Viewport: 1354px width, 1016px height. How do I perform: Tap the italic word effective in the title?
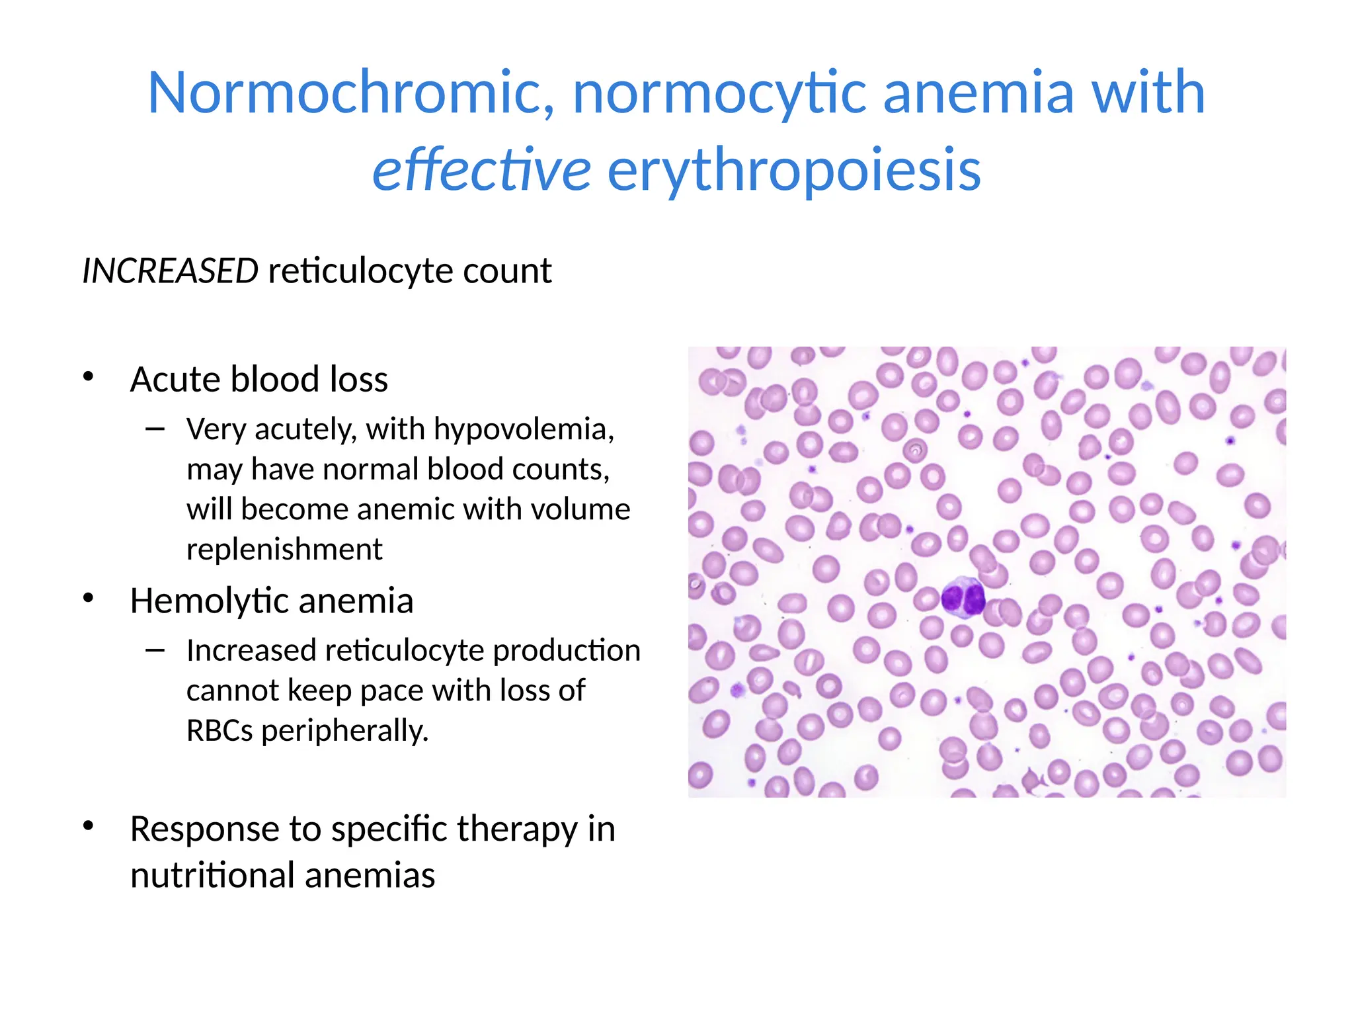click(481, 170)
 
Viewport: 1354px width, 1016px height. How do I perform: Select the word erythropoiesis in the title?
click(794, 170)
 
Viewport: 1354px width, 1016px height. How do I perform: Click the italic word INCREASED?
click(170, 271)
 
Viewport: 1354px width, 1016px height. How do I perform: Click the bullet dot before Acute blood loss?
click(89, 377)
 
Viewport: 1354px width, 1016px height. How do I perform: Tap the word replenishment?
click(284, 549)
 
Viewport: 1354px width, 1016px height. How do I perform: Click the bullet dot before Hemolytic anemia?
click(89, 598)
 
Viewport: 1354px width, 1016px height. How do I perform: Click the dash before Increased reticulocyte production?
click(155, 651)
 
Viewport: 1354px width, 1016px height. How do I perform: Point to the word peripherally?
click(345, 732)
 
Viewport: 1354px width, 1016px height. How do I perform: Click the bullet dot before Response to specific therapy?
click(89, 826)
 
